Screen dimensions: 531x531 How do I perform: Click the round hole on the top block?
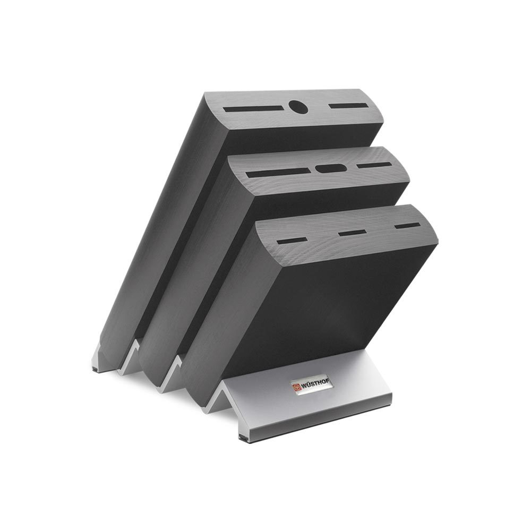tap(298, 107)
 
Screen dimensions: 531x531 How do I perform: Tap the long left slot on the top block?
tap(253, 109)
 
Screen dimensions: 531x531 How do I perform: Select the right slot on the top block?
tap(348, 106)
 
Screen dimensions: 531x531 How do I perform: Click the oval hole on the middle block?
tap(331, 168)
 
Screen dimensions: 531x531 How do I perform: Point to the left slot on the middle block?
tap(278, 173)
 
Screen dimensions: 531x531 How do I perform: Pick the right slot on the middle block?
tap(374, 165)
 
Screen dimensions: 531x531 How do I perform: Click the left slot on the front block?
tap(292, 241)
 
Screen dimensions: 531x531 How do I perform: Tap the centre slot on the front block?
tap(352, 233)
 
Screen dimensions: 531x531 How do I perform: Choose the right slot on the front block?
tap(407, 225)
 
